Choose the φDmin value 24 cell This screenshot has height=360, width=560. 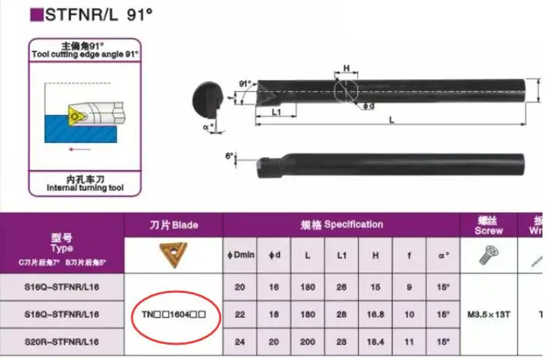click(240, 340)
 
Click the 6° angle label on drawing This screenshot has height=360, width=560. click(230, 156)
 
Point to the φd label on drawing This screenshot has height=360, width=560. click(368, 107)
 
